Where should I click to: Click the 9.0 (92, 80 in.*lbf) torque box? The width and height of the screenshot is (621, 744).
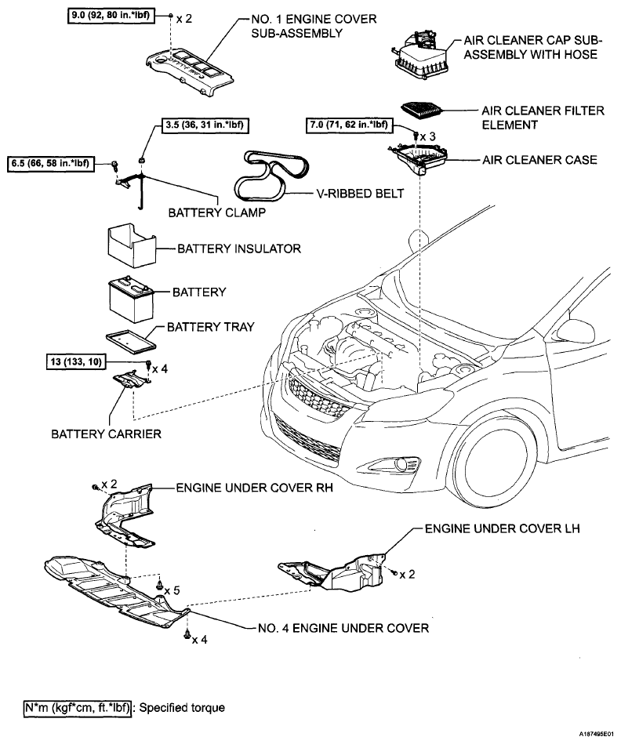pyautogui.click(x=111, y=16)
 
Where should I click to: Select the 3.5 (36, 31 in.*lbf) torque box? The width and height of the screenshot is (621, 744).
pyautogui.click(x=205, y=125)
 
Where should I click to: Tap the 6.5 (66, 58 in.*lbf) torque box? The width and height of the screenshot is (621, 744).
pyautogui.click(x=50, y=164)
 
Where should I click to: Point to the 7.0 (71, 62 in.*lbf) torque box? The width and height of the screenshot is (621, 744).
pyautogui.click(x=349, y=125)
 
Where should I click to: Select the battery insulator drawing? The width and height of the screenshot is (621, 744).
pyautogui.click(x=132, y=246)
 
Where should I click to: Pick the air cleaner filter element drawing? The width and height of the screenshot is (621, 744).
pyautogui.click(x=421, y=111)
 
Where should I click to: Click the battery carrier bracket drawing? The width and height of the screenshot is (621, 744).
pyautogui.click(x=131, y=379)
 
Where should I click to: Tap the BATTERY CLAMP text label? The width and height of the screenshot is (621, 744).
pyautogui.click(x=217, y=212)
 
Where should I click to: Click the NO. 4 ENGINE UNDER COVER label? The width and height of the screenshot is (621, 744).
pyautogui.click(x=343, y=628)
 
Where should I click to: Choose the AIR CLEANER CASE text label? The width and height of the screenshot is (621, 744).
pyautogui.click(x=539, y=160)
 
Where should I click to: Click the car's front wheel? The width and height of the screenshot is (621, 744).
pyautogui.click(x=495, y=463)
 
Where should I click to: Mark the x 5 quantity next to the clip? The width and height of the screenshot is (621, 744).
pyautogui.click(x=172, y=590)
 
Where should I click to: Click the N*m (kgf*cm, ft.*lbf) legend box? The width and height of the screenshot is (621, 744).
pyautogui.click(x=78, y=708)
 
